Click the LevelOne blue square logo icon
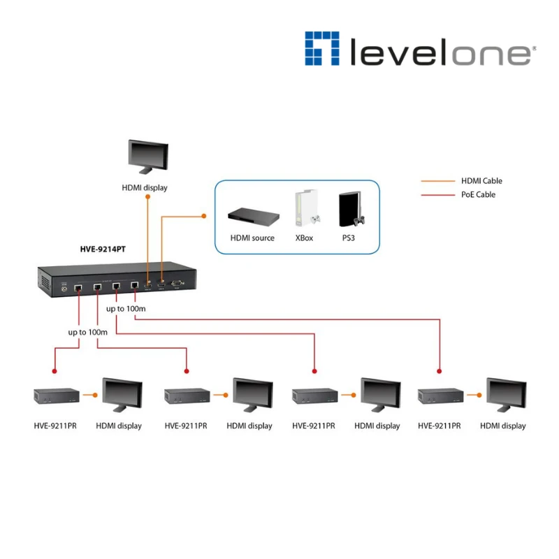click(321, 48)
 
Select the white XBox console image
click(303, 209)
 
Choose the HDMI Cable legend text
click(481, 181)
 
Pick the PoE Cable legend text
click(478, 194)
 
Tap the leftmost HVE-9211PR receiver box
click(56, 396)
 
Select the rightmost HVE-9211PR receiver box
click(440, 396)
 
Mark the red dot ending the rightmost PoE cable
click(440, 370)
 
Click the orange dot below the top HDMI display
click(147, 197)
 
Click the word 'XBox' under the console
click(304, 238)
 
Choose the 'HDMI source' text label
click(252, 238)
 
